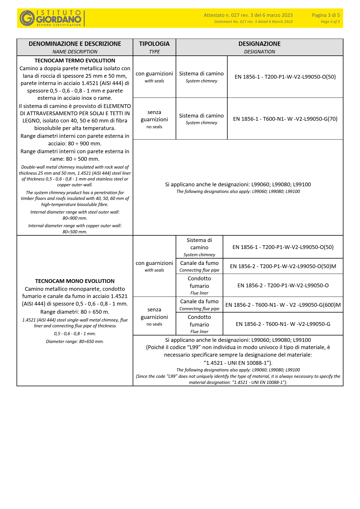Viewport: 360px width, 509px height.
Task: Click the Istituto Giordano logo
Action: [x=51, y=18]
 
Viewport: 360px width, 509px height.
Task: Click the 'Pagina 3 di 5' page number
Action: [x=325, y=15]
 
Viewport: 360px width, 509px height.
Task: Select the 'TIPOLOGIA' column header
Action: [x=154, y=44]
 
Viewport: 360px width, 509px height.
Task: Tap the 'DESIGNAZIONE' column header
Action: [x=259, y=44]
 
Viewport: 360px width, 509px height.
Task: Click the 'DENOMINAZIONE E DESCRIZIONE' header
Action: [x=75, y=44]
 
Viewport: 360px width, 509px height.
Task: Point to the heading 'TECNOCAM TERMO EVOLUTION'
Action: [x=75, y=61]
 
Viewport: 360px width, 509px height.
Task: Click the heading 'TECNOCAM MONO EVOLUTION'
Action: [x=75, y=281]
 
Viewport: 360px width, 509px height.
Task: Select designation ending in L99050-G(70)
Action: [x=285, y=119]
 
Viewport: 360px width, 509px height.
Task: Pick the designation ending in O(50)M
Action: [x=283, y=266]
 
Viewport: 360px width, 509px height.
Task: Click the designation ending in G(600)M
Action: [x=283, y=305]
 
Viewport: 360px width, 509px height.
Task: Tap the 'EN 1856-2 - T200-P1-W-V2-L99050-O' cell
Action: [x=283, y=285]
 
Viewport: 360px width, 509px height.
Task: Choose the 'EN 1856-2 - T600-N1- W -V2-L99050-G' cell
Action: [x=283, y=324]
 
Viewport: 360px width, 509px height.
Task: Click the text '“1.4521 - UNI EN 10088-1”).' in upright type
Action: [x=238, y=363]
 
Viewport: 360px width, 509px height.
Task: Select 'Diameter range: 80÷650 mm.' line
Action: [x=75, y=342]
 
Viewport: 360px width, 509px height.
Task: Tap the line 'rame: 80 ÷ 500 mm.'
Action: [x=75, y=159]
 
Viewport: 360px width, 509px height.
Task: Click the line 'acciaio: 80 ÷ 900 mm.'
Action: [x=75, y=143]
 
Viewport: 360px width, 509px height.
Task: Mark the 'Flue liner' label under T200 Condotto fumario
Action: [x=199, y=293]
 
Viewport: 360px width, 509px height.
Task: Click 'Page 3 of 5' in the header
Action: [x=330, y=22]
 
